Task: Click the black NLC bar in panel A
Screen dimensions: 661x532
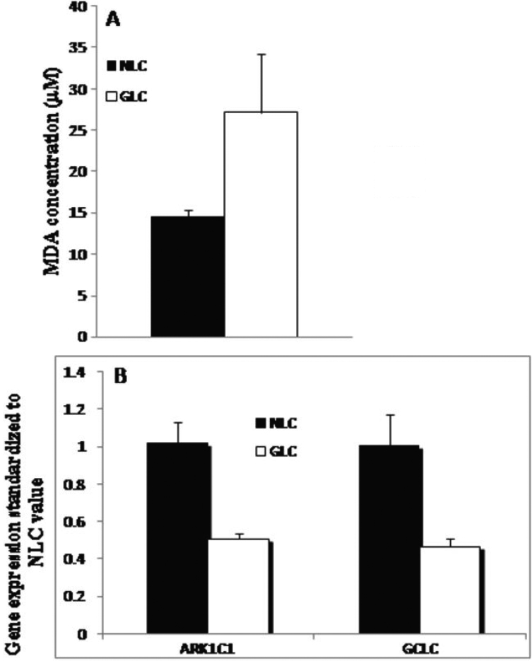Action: (188, 276)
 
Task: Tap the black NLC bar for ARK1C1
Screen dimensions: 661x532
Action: (177, 538)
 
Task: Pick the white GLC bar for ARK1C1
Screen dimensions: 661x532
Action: (238, 586)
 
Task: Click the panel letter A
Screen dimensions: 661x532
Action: (113, 21)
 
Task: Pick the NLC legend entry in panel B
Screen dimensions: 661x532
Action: (276, 423)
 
